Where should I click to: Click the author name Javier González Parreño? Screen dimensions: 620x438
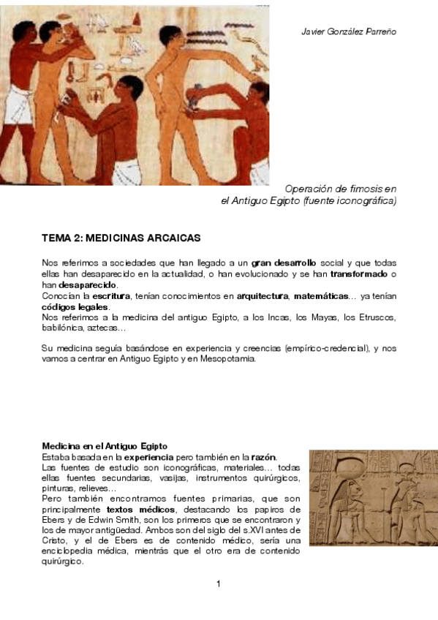click(x=349, y=32)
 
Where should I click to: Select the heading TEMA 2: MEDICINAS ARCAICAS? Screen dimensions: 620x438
click(x=121, y=238)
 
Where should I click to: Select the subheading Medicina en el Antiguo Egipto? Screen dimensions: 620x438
click(x=105, y=445)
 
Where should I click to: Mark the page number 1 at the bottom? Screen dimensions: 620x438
click(x=219, y=583)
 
